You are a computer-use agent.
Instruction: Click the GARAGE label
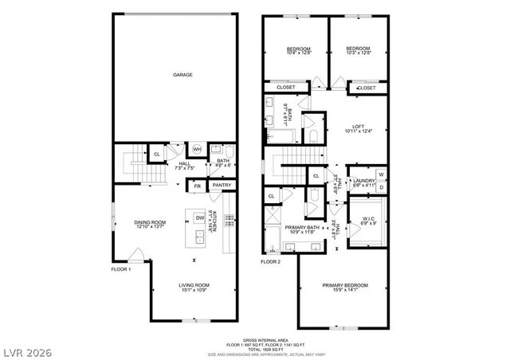pos(183,75)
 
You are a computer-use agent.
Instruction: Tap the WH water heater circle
pos(197,149)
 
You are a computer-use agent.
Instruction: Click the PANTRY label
pos(222,186)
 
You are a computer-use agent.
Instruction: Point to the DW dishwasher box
pos(200,217)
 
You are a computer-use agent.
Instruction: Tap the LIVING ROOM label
pos(194,284)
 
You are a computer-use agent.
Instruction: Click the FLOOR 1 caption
pos(121,269)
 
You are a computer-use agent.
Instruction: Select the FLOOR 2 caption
pos(271,262)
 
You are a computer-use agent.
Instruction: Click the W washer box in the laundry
pos(381,174)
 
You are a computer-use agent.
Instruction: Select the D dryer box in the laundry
pos(381,187)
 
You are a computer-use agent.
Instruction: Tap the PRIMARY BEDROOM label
pos(345,285)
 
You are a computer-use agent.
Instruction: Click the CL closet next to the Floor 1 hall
pos(156,153)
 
